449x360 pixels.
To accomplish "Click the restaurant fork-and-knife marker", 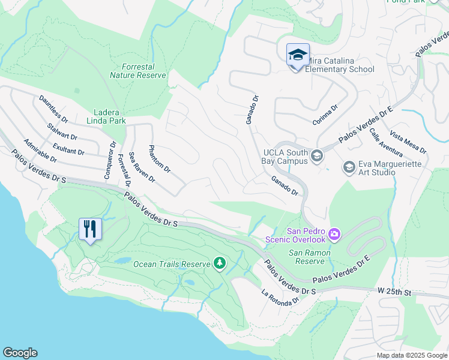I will [90, 229].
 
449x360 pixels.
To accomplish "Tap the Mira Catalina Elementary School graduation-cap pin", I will [298, 56].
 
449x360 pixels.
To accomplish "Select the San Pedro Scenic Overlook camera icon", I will [334, 233].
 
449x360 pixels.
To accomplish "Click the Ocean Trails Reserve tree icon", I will [220, 263].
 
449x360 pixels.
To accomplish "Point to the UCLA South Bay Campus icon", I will [317, 157].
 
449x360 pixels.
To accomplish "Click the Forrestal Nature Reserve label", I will [137, 71].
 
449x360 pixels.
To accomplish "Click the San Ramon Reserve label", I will [309, 257].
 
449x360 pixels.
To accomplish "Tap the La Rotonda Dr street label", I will [280, 298].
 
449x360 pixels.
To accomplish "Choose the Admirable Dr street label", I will [40, 151].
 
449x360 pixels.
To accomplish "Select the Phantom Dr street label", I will [160, 158].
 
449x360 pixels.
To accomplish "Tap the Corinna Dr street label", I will [325, 115].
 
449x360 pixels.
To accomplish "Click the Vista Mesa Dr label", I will [408, 142].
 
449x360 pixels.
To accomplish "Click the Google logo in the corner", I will [20, 353].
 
